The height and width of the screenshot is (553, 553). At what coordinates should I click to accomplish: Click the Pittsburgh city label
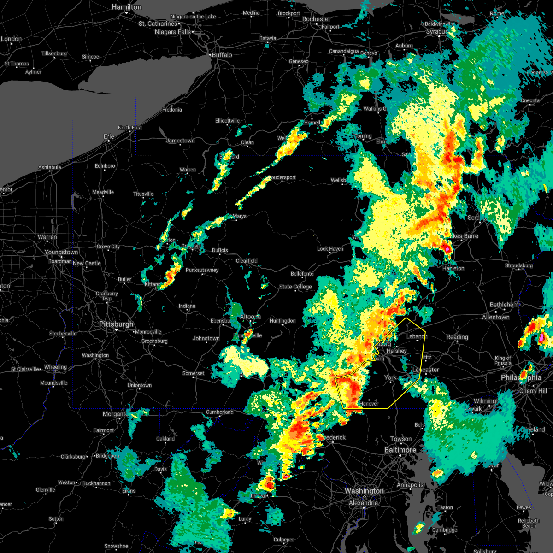click(x=116, y=324)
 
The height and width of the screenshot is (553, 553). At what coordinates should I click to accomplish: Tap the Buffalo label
click(x=222, y=55)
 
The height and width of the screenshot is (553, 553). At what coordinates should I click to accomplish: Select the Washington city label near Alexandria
click(x=364, y=491)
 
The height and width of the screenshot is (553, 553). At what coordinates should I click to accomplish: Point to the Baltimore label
click(x=400, y=450)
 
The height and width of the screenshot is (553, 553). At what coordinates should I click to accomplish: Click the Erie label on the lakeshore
click(x=109, y=136)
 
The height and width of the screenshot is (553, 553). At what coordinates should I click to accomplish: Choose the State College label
click(x=295, y=287)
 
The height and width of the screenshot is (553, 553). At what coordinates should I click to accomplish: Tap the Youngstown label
click(x=61, y=253)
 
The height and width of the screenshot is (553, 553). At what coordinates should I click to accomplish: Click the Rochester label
click(x=316, y=19)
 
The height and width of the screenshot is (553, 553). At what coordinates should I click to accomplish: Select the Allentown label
click(x=495, y=317)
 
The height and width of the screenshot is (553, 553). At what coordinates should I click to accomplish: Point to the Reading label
click(x=457, y=337)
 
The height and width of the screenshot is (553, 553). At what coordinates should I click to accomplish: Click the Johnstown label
click(x=206, y=338)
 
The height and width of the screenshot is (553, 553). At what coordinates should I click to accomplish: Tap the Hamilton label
click(x=127, y=7)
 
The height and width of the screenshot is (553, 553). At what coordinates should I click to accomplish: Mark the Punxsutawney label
click(x=202, y=270)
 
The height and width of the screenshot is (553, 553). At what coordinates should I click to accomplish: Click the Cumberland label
click(x=220, y=412)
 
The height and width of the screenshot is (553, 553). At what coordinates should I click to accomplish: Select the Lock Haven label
click(x=330, y=249)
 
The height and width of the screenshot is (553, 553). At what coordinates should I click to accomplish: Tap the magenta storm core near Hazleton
click(x=447, y=249)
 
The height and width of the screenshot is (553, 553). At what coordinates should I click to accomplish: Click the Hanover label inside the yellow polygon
click(x=369, y=404)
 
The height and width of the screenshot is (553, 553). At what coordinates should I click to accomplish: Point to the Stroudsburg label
click(x=518, y=265)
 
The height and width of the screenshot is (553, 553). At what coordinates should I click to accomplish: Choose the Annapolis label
click(x=410, y=485)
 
